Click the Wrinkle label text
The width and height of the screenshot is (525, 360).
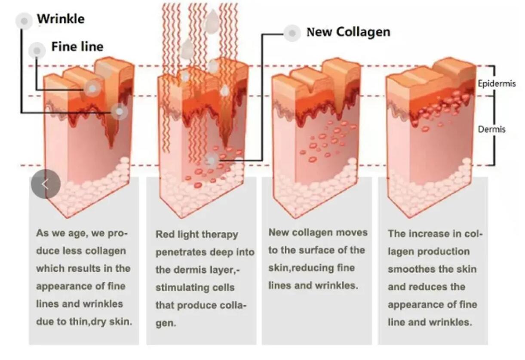point(61,19)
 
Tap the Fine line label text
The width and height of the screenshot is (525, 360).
point(77,46)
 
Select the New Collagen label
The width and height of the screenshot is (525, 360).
point(348,32)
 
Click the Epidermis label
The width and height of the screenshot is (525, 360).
point(497,83)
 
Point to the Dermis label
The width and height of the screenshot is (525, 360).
point(492,129)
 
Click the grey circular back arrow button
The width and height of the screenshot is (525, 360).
point(46,184)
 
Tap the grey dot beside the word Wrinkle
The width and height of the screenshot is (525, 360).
point(24,21)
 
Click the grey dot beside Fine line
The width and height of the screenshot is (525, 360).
point(37,51)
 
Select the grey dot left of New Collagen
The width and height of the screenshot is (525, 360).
point(292,33)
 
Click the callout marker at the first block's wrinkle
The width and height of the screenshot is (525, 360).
point(119,112)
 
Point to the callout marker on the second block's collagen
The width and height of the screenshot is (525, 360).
point(211,161)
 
